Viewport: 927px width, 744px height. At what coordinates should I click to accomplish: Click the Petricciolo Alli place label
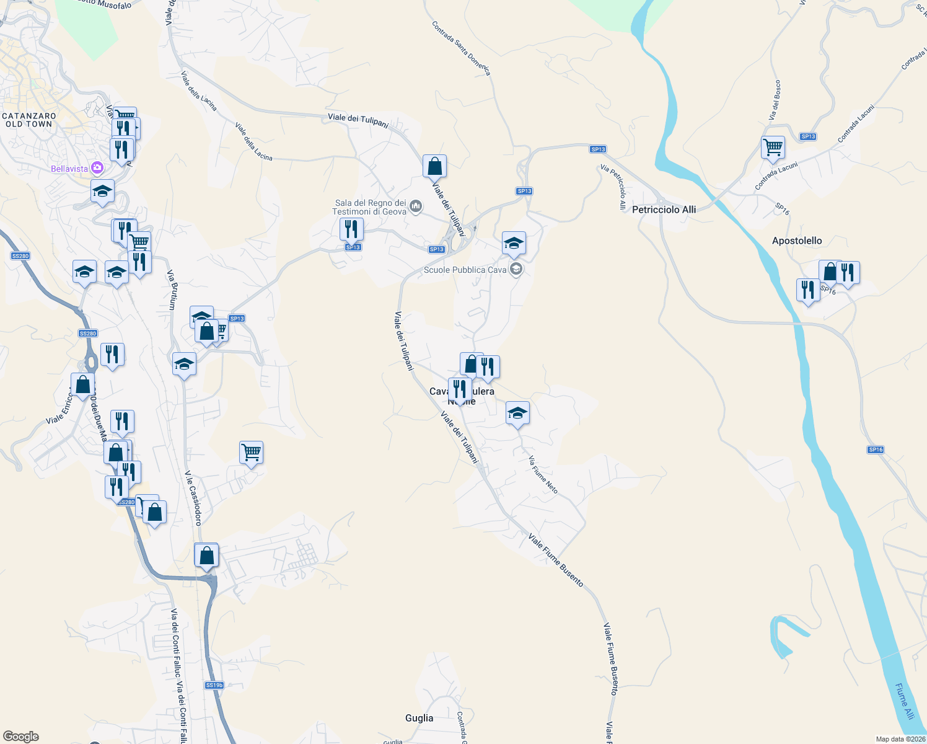coord(664,210)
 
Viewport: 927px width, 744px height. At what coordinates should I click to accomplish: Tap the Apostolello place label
coord(797,241)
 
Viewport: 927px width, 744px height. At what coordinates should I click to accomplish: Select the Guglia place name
coord(419,718)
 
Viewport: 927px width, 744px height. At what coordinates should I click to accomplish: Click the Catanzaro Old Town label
coord(29,120)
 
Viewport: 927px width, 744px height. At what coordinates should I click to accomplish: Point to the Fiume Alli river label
coord(905,701)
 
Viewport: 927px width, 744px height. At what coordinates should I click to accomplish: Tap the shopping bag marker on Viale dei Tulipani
coord(434,166)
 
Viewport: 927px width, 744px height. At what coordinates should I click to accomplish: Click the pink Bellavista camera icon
coord(97,168)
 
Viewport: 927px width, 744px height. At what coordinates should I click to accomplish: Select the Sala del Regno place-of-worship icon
coord(416,206)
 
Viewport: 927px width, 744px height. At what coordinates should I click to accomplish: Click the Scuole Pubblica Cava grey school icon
coord(516,269)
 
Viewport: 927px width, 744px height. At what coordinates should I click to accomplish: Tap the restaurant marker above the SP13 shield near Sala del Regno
coord(351,229)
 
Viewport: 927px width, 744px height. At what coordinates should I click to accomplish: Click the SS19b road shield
coord(214,685)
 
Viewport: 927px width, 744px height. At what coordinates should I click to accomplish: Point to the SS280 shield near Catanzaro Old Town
coord(20,256)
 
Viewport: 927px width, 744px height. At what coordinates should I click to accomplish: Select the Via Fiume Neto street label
coord(543,475)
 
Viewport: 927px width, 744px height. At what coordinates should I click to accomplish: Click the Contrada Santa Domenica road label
coord(461,48)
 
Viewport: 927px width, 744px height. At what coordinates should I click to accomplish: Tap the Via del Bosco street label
coord(775,100)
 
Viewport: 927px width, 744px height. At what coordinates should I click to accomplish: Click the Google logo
coord(21,737)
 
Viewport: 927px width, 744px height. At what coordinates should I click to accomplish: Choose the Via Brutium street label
coord(172,290)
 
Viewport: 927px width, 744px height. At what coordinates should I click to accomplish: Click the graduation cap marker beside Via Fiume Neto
coord(517,413)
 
